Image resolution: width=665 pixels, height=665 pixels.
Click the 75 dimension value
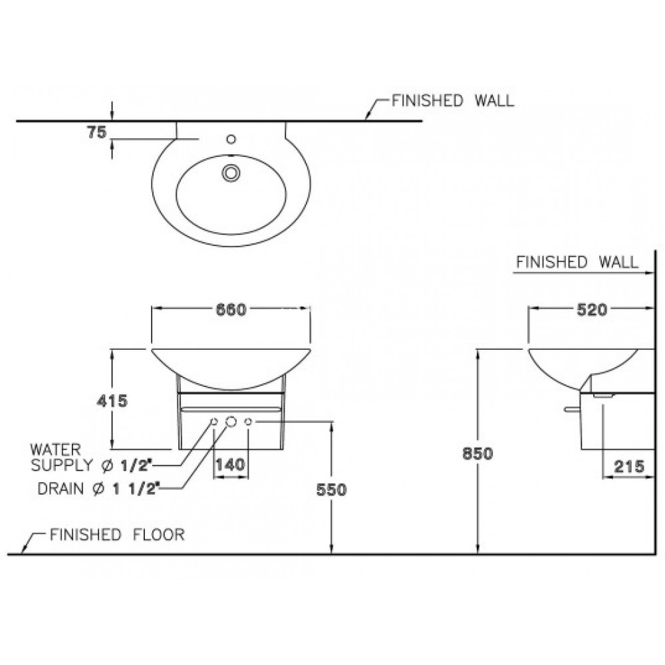click(x=96, y=132)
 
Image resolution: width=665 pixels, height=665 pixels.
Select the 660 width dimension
click(x=231, y=309)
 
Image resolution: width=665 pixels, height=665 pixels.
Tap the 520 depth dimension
click(x=591, y=309)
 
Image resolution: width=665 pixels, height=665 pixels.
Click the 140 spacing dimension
click(x=230, y=465)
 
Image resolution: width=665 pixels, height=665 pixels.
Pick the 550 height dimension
click(x=332, y=489)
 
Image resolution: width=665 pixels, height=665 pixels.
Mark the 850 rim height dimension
click(x=477, y=454)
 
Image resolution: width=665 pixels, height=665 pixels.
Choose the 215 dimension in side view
click(x=629, y=467)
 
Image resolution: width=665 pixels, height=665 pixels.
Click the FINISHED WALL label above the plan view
click(x=452, y=101)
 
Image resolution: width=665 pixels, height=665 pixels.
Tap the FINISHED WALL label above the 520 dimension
click(x=577, y=261)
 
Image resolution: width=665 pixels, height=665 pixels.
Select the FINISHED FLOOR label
click(x=117, y=535)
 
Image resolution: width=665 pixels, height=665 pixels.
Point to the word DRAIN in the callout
click(x=61, y=489)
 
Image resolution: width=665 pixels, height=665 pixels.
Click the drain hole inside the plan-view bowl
click(x=231, y=172)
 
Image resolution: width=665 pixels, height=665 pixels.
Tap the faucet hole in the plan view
click(x=231, y=140)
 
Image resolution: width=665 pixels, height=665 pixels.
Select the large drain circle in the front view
click(x=231, y=422)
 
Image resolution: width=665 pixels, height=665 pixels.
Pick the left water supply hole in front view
click(x=214, y=422)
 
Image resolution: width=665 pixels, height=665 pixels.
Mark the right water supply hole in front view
click(x=248, y=422)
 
